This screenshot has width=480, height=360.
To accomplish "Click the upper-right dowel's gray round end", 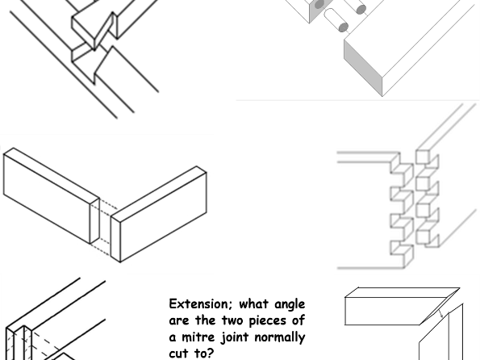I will [361, 10].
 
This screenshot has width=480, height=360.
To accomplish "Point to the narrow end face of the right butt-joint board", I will [115, 238].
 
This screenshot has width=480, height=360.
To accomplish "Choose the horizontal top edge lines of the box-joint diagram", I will [363, 153].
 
